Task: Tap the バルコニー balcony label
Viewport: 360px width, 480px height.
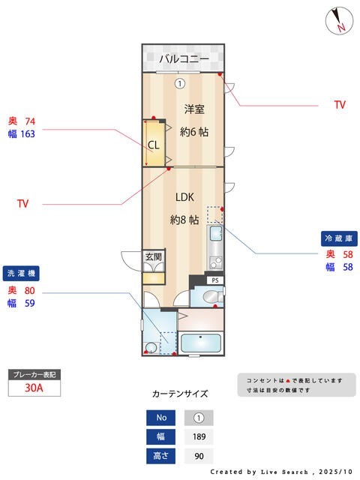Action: click(183, 58)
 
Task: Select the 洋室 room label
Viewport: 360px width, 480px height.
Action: click(194, 109)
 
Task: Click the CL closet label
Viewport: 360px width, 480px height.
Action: click(153, 145)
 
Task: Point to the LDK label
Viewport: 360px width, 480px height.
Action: click(184, 198)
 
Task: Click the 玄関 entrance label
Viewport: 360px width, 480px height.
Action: click(153, 256)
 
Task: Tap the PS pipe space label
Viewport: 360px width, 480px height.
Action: click(214, 280)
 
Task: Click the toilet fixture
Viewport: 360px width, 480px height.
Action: click(211, 298)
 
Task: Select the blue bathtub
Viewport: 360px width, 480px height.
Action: click(200, 344)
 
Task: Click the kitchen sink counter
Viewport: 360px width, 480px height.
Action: click(215, 248)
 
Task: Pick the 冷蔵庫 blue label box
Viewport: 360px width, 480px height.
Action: click(337, 238)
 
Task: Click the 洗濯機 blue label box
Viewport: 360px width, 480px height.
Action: click(22, 273)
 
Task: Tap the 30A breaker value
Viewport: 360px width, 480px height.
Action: click(33, 388)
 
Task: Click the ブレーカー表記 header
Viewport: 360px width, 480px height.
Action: click(33, 373)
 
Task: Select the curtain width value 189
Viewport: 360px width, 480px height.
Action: click(199, 436)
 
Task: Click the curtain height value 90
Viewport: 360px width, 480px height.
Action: click(199, 455)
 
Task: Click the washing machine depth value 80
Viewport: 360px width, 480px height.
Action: click(30, 290)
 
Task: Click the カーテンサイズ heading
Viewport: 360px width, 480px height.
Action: click(180, 394)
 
